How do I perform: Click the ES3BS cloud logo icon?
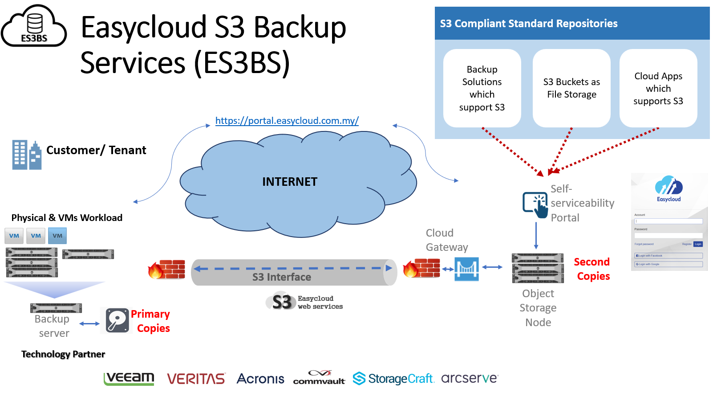click(x=34, y=27)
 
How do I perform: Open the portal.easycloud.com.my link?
click(x=287, y=121)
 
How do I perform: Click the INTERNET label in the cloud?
click(x=290, y=182)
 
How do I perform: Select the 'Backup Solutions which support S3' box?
click(x=482, y=88)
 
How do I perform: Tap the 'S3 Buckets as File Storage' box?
click(x=571, y=88)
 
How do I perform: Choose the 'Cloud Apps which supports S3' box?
click(x=658, y=88)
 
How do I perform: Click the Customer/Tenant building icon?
click(x=27, y=155)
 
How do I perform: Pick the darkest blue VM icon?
click(x=57, y=236)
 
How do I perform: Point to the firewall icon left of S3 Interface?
click(x=167, y=269)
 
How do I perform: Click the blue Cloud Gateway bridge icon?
click(x=467, y=269)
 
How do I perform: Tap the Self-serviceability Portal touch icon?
click(x=535, y=205)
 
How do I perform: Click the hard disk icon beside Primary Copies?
click(x=117, y=320)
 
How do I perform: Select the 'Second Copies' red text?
click(x=592, y=269)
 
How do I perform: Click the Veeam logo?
click(x=129, y=378)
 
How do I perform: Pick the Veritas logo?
click(x=196, y=379)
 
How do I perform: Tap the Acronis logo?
click(x=260, y=379)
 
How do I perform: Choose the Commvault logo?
click(x=319, y=378)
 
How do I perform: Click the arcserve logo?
click(x=470, y=378)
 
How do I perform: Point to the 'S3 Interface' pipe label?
click(x=282, y=277)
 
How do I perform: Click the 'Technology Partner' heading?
click(x=63, y=354)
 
